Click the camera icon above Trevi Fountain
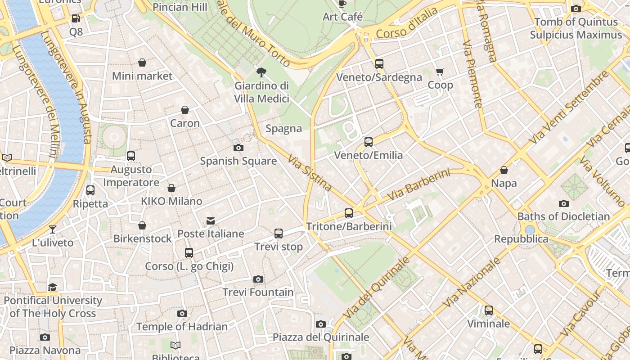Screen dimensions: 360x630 [x=258, y=279]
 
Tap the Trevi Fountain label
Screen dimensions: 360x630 [x=258, y=292]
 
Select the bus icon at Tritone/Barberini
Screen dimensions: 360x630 [x=349, y=213]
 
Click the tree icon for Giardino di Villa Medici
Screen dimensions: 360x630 [x=261, y=72]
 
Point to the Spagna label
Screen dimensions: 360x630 [x=283, y=129]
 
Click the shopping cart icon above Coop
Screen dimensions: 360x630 [x=440, y=72]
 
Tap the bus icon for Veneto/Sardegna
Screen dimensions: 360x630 [x=379, y=64]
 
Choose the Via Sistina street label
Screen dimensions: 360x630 [x=310, y=173]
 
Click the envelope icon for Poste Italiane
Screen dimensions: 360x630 [x=211, y=220]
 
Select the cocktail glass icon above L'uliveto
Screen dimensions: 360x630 [x=53, y=229]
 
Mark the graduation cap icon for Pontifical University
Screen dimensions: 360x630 [x=53, y=287]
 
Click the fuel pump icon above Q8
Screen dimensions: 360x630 [x=76, y=19]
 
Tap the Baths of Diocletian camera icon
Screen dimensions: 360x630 [x=563, y=203]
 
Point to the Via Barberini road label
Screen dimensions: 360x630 [x=418, y=184]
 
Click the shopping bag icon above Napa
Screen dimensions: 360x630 [x=504, y=170]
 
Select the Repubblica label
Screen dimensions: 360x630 [x=521, y=239]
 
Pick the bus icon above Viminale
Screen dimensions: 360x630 [x=489, y=310]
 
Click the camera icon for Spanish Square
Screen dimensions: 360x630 [x=238, y=148]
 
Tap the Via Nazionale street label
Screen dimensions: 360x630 [x=472, y=282]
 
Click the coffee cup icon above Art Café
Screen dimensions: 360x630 [x=342, y=4]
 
